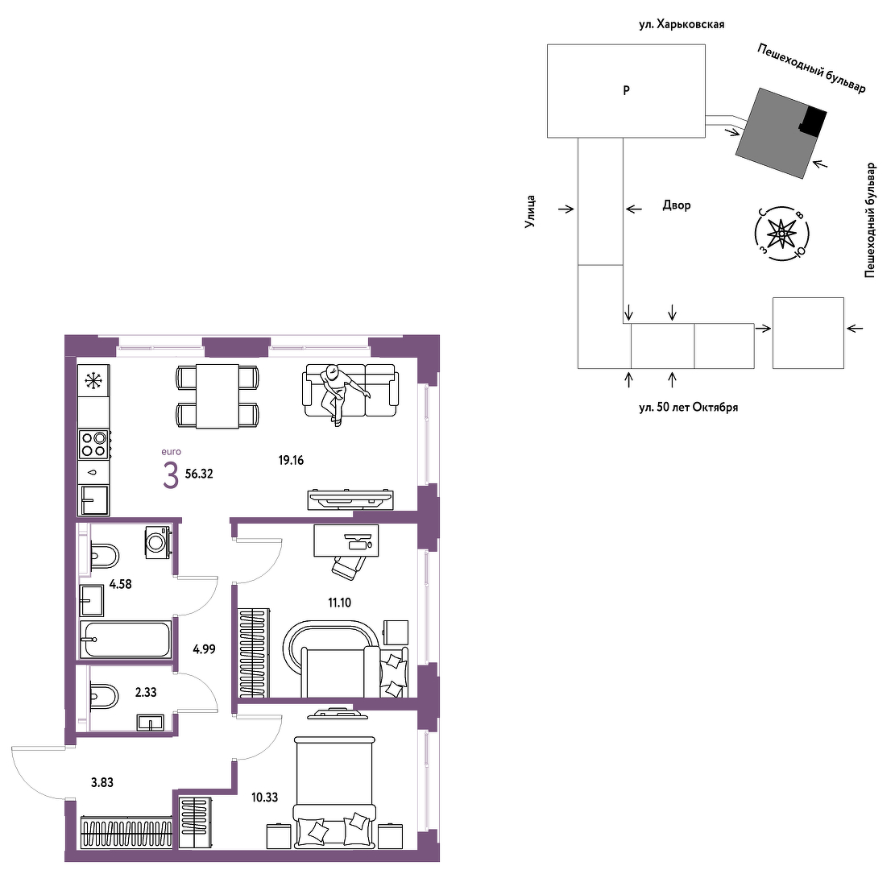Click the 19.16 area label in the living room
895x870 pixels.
tap(291, 460)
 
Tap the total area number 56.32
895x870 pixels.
tap(199, 474)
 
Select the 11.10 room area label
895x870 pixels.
tap(339, 603)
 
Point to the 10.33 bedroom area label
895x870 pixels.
tap(265, 797)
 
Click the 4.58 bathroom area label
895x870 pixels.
tap(121, 584)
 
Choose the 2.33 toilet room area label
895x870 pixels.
tap(146, 692)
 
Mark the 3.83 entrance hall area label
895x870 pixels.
tap(102, 782)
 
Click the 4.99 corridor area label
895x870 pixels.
tap(205, 649)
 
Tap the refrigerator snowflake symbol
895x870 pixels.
tap(93, 381)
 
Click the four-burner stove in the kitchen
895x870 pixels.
tap(94, 444)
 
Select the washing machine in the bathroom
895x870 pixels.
tap(158, 542)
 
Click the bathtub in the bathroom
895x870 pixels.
tap(126, 640)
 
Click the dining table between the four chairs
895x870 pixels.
tap(218, 396)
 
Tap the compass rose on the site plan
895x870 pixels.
tap(781, 234)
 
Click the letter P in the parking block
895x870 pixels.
tap(626, 90)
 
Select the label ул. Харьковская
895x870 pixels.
tap(682, 24)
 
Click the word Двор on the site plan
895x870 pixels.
tap(677, 205)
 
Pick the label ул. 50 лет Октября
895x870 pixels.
tap(689, 408)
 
